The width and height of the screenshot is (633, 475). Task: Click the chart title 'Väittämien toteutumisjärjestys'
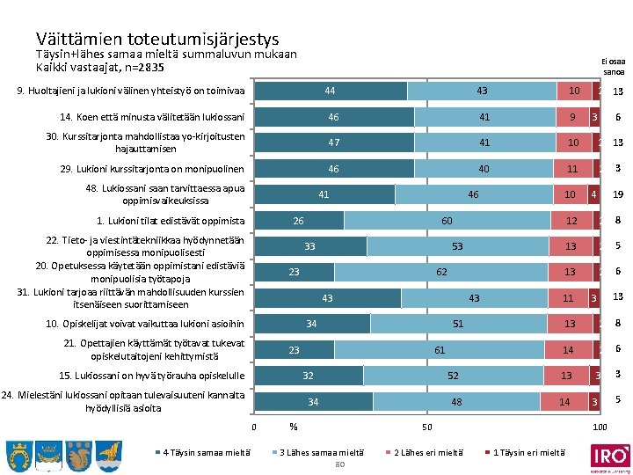[x=157, y=39]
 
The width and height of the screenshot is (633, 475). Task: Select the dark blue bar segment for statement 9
[x=331, y=91]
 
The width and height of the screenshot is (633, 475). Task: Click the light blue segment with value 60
[x=447, y=221]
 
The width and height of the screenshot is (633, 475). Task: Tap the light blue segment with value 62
[x=441, y=273]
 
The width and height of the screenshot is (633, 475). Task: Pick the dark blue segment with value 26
[x=299, y=221]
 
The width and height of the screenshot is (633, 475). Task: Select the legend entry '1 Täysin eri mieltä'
[x=527, y=452]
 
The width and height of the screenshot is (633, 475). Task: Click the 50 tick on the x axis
[x=426, y=428]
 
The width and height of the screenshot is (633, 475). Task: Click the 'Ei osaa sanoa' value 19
[x=618, y=195]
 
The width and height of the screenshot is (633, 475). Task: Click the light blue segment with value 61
[x=440, y=350]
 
